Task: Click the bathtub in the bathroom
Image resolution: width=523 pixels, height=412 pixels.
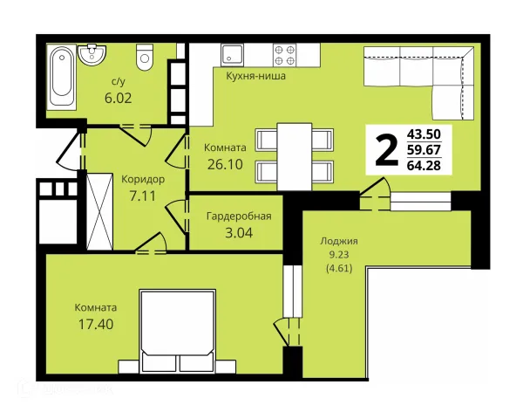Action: [x=61, y=77]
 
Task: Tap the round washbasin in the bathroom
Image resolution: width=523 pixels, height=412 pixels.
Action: [x=92, y=54]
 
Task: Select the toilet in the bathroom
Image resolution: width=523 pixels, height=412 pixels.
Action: [x=145, y=57]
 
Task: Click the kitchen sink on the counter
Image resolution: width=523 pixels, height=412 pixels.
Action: [x=232, y=55]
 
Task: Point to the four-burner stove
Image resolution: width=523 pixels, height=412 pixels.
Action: [x=284, y=55]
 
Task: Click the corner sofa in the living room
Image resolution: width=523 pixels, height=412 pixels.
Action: [x=419, y=83]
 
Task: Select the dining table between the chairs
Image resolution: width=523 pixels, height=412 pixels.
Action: [x=295, y=156]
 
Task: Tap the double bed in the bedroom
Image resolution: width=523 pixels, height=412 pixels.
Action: [x=178, y=331]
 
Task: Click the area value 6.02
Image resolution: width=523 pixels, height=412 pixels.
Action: [x=118, y=99]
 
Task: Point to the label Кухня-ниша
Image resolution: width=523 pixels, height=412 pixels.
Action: [x=255, y=76]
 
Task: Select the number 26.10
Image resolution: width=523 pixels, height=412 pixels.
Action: [x=225, y=164]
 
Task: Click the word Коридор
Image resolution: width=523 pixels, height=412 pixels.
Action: [x=143, y=180]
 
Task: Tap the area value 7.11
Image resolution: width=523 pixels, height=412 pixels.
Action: [x=143, y=196]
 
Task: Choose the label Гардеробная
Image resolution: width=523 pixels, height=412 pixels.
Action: [x=239, y=216]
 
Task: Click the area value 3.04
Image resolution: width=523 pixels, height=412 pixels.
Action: [x=239, y=233]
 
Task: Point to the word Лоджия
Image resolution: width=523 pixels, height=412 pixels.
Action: [x=339, y=241]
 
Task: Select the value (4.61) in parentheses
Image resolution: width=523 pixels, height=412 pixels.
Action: [x=339, y=268]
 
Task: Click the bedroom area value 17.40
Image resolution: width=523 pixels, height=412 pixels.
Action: [x=96, y=324]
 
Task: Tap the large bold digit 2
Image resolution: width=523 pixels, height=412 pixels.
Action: [x=386, y=149]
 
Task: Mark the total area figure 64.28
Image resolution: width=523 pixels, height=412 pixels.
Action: [x=424, y=165]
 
